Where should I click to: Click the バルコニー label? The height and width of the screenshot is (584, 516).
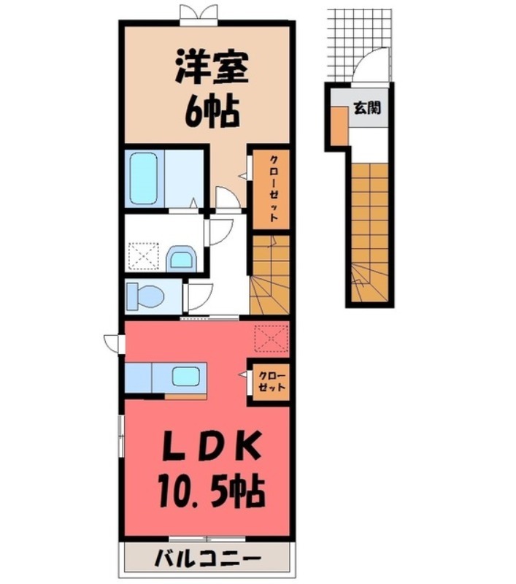coord(207,560)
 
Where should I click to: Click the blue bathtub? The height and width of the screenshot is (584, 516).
coord(145,179)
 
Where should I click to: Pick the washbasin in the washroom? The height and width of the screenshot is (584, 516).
coord(180,258)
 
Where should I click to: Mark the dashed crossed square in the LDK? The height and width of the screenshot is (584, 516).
coord(270,338)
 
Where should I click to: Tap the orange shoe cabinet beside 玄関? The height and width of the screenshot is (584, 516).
coord(337,126)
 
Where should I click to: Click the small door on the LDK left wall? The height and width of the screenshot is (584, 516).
coord(113,341)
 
